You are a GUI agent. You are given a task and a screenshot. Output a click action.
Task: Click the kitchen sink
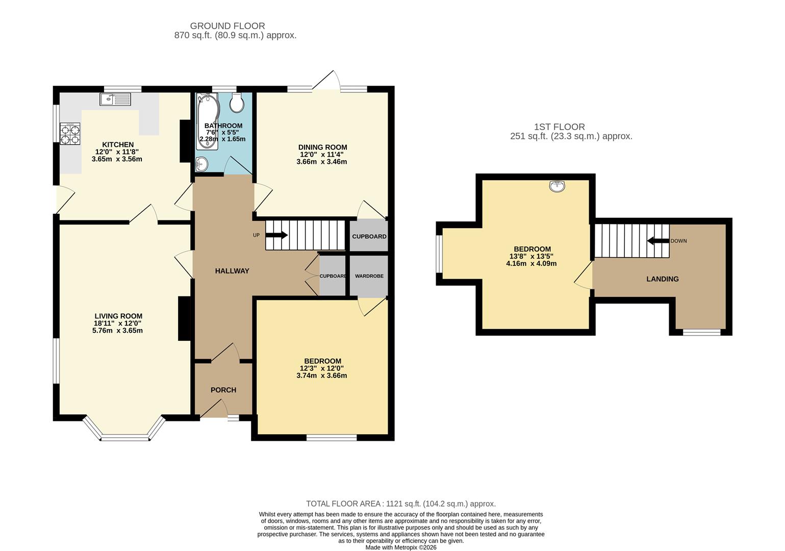tap(116, 99)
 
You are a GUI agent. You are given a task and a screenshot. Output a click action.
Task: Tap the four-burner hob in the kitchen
tap(70, 134)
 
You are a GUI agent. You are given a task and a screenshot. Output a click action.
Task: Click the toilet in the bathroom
tap(237, 103)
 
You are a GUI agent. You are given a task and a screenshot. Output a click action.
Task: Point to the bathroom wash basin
tap(202, 164)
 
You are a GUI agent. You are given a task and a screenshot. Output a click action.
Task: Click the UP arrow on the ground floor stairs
tap(276, 235)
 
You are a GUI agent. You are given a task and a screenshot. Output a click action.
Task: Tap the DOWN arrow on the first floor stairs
tap(657, 241)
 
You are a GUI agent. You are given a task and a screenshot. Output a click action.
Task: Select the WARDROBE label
tap(369, 276)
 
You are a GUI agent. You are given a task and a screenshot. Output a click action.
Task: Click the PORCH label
tap(223, 390)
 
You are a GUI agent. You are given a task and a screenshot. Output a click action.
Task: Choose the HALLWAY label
tap(232, 271)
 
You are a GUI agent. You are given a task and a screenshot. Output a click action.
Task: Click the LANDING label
tap(662, 279)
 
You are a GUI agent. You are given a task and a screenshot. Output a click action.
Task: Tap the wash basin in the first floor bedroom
tap(557, 186)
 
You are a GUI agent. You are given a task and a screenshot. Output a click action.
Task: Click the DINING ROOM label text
tap(322, 147)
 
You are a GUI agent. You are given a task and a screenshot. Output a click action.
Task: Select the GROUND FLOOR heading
tap(227, 26)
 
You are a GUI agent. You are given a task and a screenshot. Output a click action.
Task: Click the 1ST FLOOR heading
tap(559, 127)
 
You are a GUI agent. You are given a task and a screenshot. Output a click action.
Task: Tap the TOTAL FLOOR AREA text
tap(400, 504)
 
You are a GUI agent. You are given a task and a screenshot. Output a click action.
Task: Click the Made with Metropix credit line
tap(400, 547)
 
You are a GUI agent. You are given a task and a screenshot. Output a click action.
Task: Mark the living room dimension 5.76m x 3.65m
tap(117, 331)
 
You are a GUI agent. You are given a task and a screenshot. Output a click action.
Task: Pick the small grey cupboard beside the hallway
tap(333, 275)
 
